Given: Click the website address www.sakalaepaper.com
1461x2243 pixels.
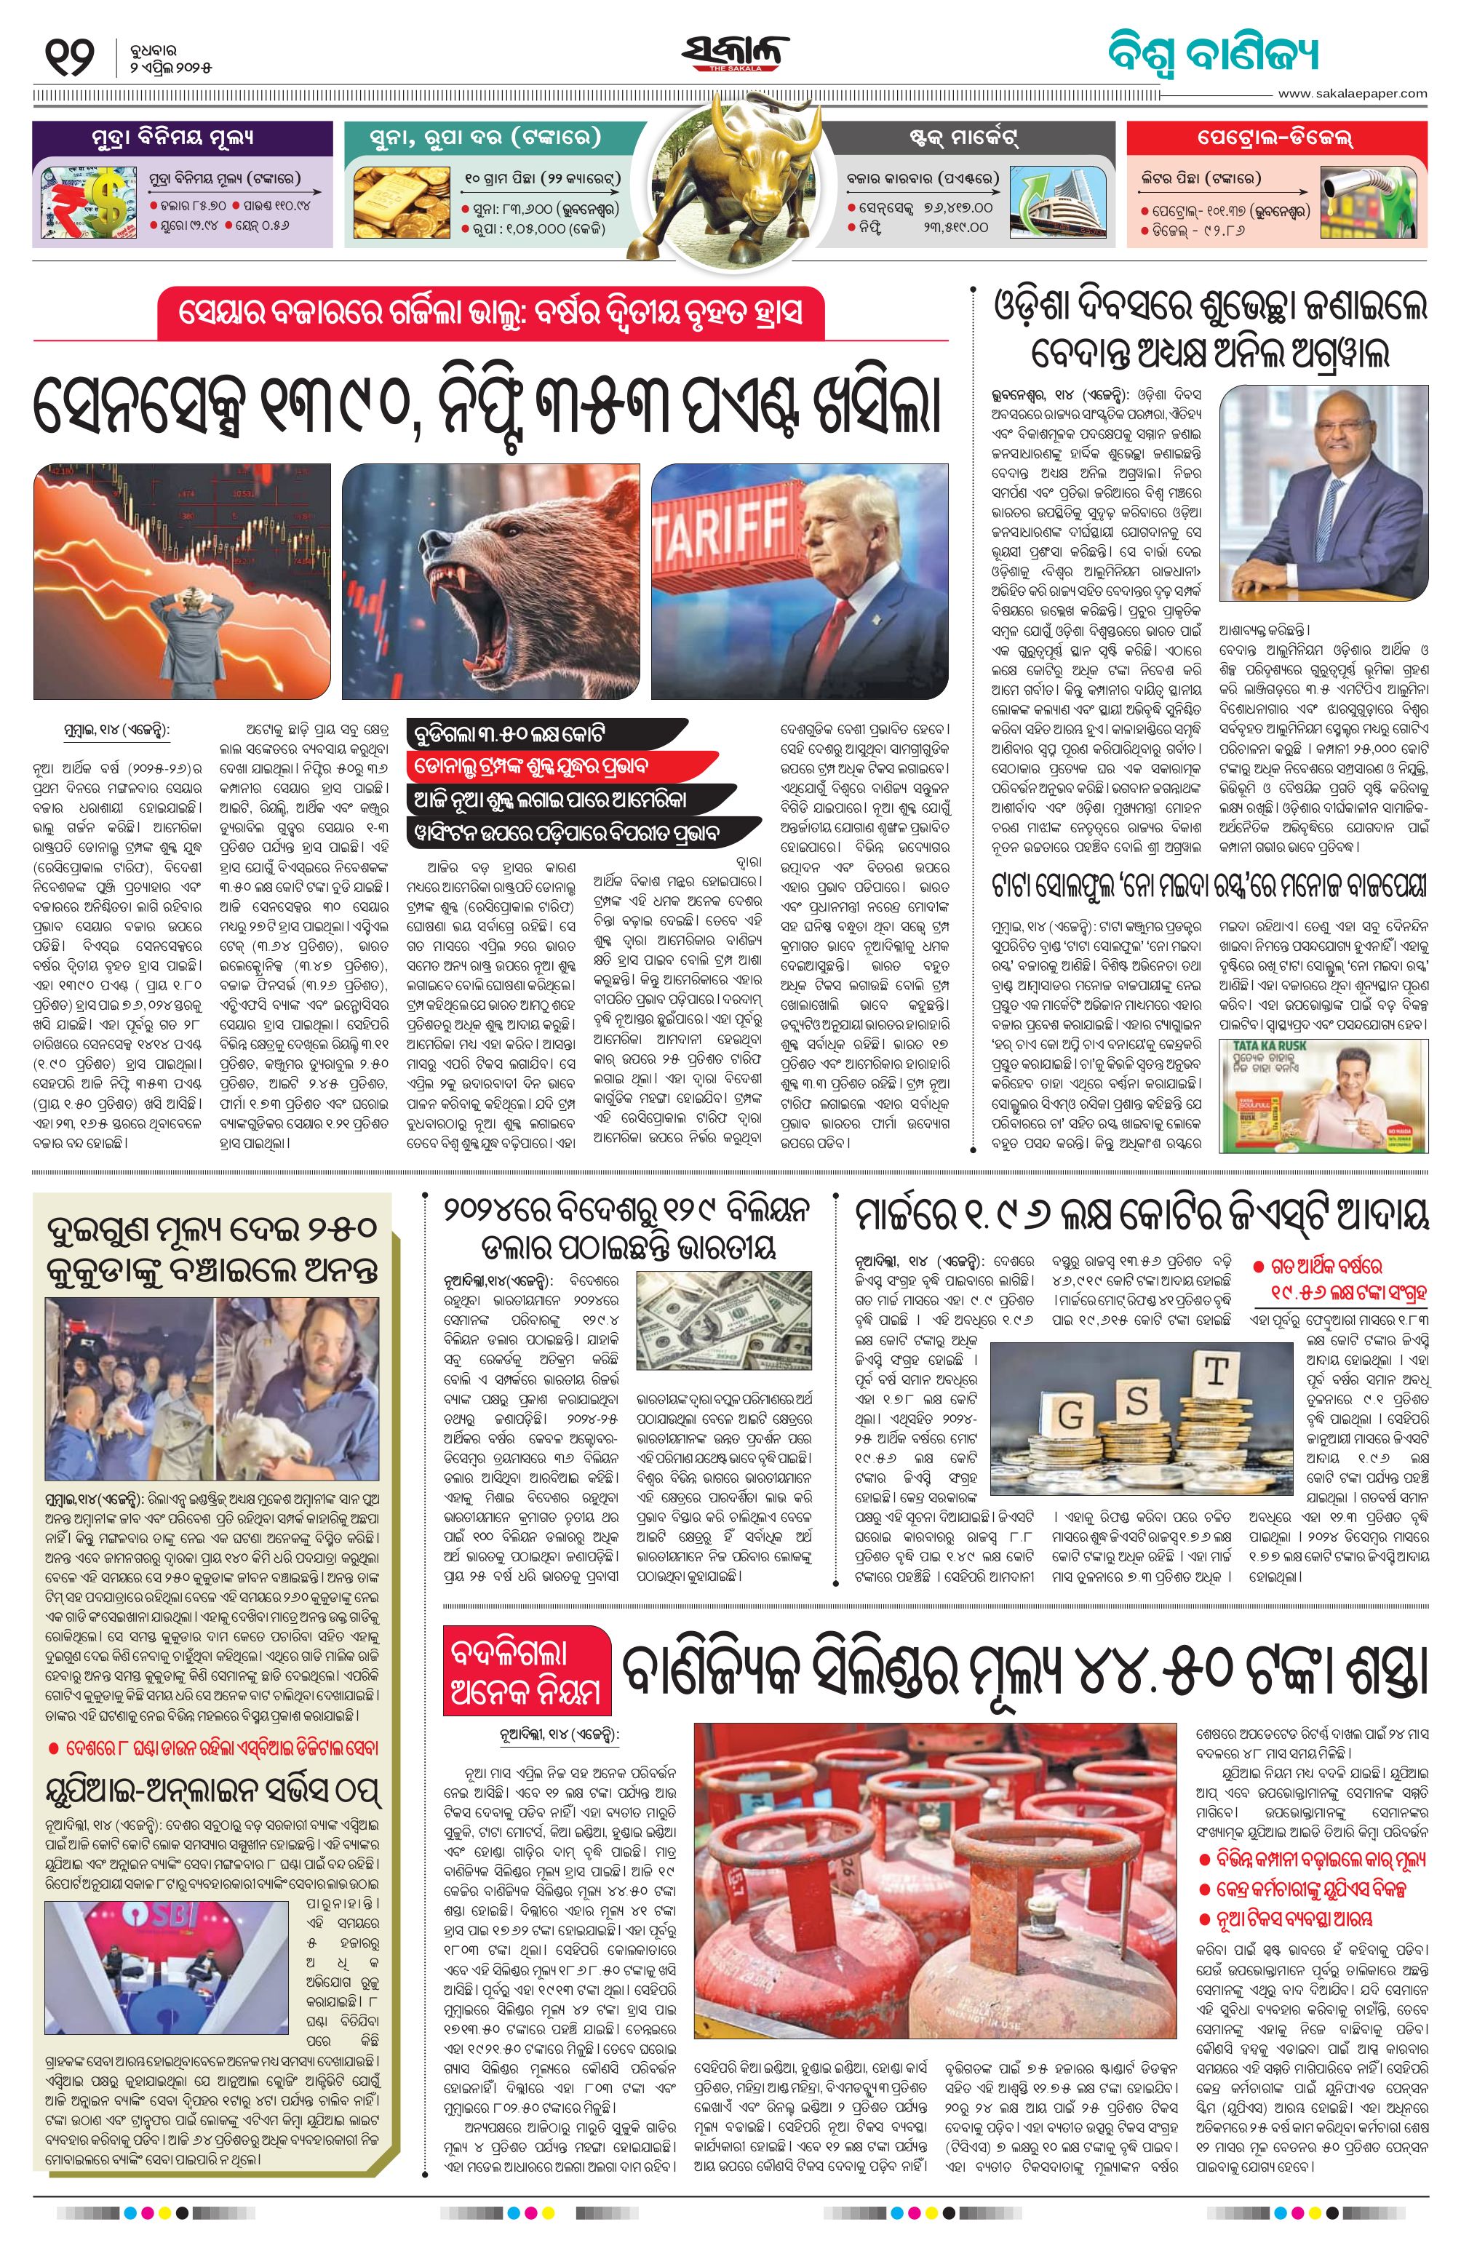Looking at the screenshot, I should pyautogui.click(x=1352, y=93).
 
